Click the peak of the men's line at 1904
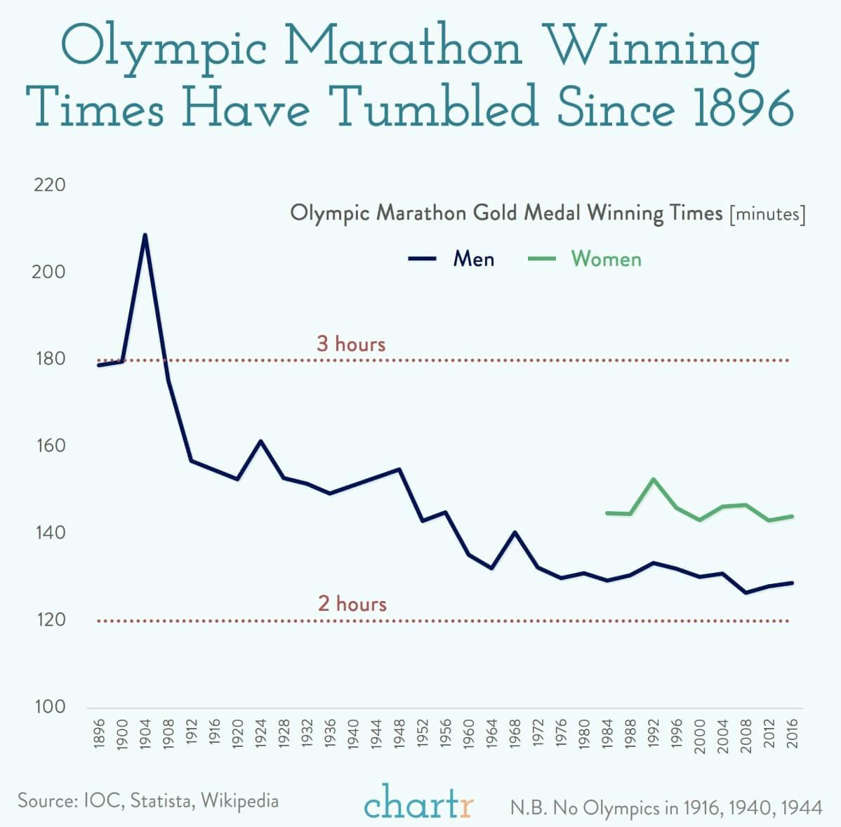[145, 235]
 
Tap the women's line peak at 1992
[654, 479]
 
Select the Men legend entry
[453, 259]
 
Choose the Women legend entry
[584, 259]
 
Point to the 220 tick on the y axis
[49, 185]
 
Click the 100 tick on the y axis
[49, 707]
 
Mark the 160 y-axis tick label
[49, 446]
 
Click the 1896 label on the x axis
[99, 736]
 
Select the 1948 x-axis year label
[399, 736]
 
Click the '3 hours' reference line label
[351, 344]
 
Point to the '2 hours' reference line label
[352, 604]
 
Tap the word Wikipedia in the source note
[239, 801]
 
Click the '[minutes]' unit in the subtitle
[767, 213]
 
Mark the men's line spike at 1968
[515, 532]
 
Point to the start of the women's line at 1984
[607, 513]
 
